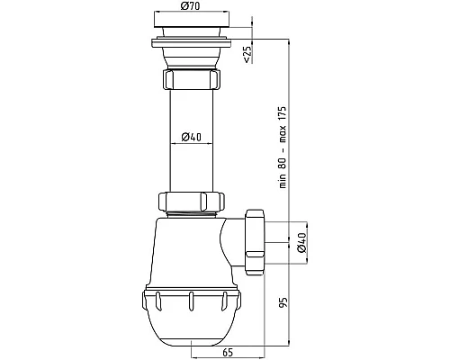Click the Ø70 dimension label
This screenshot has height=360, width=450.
pos(190,5)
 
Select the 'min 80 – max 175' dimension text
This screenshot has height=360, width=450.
pos(283,147)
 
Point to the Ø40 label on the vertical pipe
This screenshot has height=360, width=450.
pos(192,137)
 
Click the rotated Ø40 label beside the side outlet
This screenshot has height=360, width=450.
pos(301,243)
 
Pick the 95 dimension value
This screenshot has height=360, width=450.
pos(283,302)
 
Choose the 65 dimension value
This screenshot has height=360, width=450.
pos(228,353)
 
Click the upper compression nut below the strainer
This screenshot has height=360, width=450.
pos(192,79)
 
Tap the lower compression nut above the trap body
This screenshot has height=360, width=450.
pos(192,202)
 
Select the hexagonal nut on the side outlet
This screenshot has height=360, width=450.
pos(255,242)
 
